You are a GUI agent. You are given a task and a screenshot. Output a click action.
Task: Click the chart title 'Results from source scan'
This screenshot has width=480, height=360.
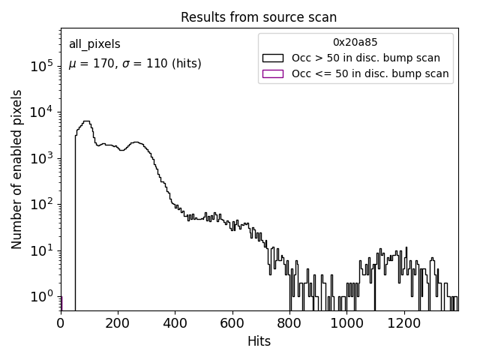(259, 17)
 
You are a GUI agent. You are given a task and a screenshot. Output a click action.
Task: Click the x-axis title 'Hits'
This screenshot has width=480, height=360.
(259, 341)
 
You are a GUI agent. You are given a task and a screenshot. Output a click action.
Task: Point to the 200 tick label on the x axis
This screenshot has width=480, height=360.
(118, 323)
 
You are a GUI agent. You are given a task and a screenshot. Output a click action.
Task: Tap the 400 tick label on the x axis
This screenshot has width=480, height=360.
(175, 323)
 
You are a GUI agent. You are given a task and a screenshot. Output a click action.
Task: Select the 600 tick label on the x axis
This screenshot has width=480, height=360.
(232, 323)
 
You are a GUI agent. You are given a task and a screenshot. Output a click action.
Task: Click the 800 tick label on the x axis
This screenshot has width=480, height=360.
(289, 323)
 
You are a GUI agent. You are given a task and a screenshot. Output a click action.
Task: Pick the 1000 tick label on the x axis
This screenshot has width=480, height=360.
(347, 323)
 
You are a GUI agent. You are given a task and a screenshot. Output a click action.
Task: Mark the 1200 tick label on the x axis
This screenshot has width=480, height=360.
(404, 323)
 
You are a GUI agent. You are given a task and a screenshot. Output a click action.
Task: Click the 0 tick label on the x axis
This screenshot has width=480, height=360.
(61, 323)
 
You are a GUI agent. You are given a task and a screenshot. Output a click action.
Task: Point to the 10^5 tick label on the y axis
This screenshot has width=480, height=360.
(42, 66)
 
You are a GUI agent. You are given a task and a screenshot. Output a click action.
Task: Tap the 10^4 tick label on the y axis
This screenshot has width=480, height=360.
(42, 112)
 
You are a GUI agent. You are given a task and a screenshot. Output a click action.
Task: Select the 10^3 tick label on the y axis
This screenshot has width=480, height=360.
(42, 158)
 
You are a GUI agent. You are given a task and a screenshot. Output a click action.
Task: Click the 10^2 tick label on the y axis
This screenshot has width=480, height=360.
(42, 205)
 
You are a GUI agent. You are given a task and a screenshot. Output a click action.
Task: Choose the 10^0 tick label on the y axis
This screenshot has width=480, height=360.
(42, 297)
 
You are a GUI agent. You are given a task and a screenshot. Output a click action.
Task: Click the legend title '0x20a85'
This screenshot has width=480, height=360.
(355, 43)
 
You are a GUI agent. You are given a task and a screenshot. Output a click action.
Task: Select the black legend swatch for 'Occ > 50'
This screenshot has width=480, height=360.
(273, 58)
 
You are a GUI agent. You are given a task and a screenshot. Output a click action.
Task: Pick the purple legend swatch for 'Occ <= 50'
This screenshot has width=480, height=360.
(273, 73)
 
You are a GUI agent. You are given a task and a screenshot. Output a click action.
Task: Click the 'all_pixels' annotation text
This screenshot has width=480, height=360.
(94, 44)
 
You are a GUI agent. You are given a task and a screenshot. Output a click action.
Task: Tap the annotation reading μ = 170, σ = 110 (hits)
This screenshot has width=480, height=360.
(135, 64)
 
